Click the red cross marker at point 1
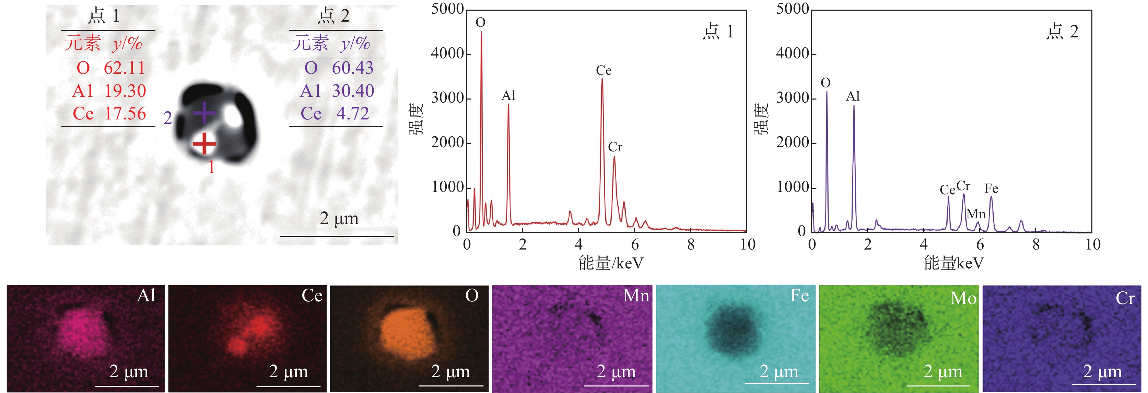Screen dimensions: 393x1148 tap(204, 143)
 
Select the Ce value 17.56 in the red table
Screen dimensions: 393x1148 tap(125, 114)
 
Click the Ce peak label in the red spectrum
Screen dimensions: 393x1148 tap(604, 70)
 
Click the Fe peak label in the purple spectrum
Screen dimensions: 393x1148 tap(991, 188)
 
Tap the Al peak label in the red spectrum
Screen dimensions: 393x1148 tap(508, 95)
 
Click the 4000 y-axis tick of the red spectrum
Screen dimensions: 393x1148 tap(447, 54)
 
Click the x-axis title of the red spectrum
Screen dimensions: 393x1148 tap(611, 263)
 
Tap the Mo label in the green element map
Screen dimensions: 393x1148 tap(963, 298)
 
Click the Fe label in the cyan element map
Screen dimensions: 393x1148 tap(799, 296)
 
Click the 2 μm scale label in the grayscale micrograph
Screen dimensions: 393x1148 tap(339, 218)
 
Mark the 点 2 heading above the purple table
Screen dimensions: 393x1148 tap(333, 16)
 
